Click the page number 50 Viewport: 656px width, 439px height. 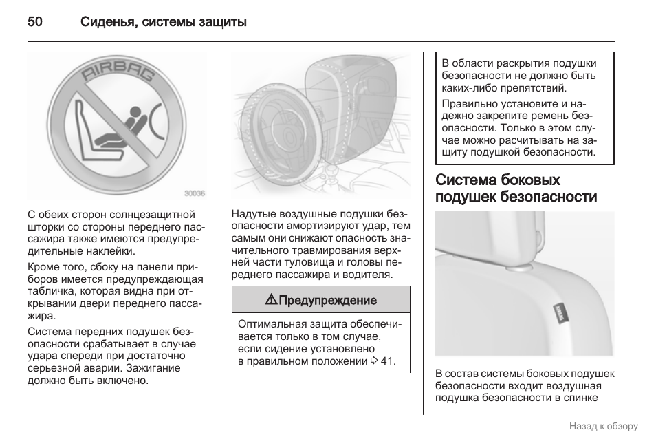click(x=35, y=22)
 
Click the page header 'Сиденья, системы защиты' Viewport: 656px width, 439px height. click(x=163, y=22)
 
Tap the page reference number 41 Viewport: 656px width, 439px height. click(x=387, y=361)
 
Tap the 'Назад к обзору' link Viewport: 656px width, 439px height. click(x=603, y=426)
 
